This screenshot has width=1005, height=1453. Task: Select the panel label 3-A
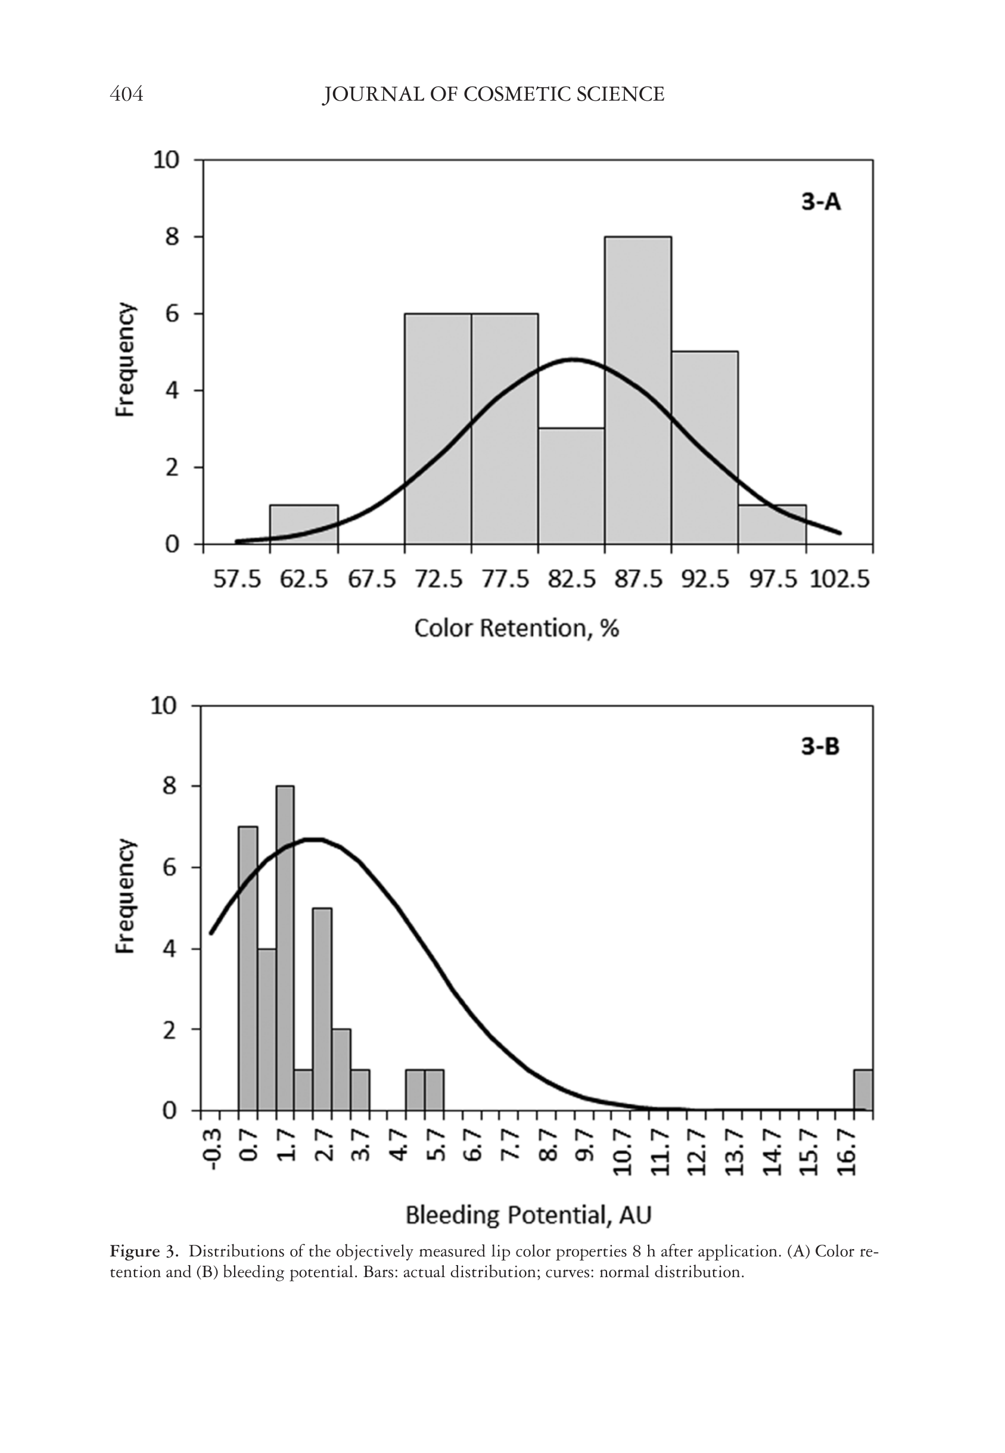820,202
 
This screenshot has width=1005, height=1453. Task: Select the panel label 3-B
820,747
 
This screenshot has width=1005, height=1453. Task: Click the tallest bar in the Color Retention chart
638,391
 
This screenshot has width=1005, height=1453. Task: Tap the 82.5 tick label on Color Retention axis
571,578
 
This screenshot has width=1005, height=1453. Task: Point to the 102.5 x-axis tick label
839,578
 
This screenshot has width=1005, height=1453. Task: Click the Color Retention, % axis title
516,628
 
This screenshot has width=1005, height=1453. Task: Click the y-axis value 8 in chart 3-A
173,237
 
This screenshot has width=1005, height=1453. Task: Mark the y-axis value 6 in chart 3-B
169,868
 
